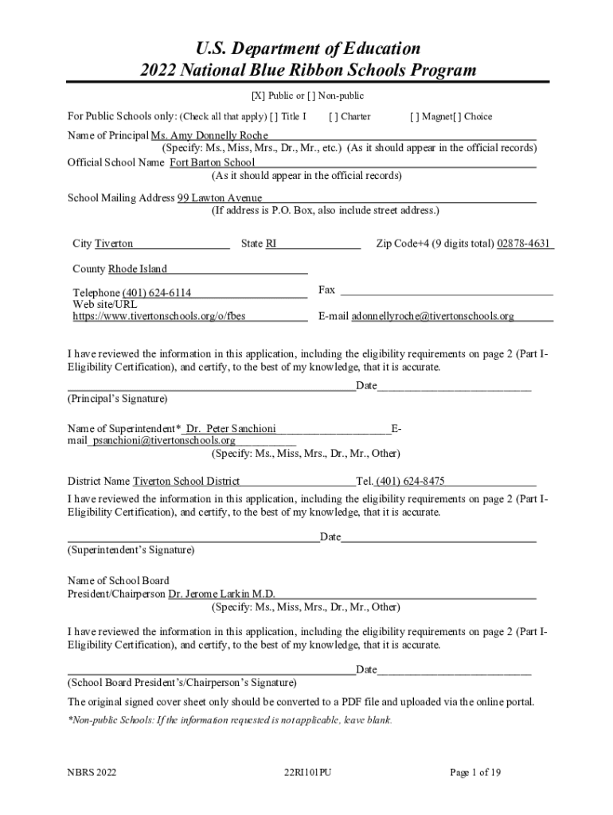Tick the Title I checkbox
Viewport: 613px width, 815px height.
point(275,117)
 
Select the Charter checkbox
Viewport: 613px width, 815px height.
point(333,117)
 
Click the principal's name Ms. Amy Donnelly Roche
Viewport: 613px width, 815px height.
point(209,136)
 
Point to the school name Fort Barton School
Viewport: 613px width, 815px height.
point(212,163)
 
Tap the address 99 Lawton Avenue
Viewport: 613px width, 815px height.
point(220,198)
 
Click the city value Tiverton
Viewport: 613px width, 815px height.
point(114,244)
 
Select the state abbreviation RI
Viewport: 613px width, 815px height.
point(271,244)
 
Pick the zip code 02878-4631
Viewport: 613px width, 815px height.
point(524,244)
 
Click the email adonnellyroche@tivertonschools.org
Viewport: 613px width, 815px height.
point(433,316)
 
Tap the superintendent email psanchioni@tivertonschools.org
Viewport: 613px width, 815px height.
point(165,440)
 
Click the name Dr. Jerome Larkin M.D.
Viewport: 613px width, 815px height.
point(222,594)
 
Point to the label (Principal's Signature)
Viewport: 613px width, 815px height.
point(118,398)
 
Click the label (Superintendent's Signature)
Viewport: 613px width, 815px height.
point(131,550)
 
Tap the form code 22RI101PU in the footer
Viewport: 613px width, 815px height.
point(306,773)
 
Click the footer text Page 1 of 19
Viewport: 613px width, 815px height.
point(475,773)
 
